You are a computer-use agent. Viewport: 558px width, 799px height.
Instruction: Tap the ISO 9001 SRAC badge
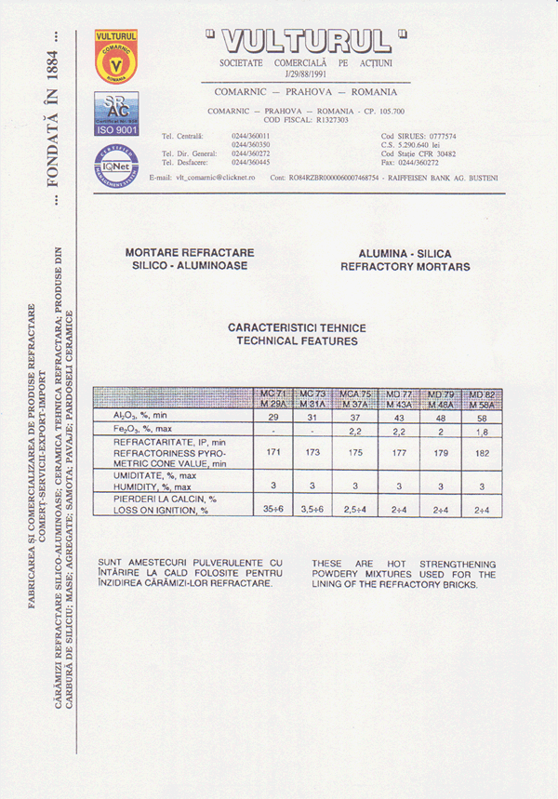pyautogui.click(x=116, y=115)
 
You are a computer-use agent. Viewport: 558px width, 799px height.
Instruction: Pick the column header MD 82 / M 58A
pyautogui.click(x=482, y=400)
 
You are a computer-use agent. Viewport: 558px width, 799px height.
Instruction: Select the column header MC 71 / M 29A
pyautogui.click(x=272, y=400)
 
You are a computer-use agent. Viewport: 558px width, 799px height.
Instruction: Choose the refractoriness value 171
pyautogui.click(x=272, y=452)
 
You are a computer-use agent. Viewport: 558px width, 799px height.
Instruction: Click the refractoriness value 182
pyautogui.click(x=482, y=452)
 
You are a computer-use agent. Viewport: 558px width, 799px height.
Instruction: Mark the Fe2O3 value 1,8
pyautogui.click(x=482, y=433)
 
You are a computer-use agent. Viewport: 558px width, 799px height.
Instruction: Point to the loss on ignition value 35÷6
pyautogui.click(x=272, y=510)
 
